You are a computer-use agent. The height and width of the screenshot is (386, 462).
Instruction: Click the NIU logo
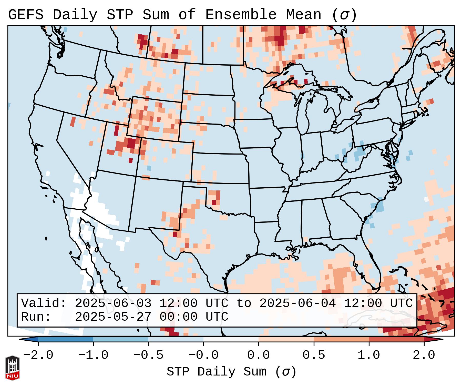point(12,368)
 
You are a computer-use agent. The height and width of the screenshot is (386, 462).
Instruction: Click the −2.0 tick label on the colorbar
point(38,355)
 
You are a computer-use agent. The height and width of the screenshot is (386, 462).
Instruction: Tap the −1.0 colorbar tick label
point(93,355)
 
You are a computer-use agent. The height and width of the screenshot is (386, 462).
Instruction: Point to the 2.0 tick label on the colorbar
point(424,355)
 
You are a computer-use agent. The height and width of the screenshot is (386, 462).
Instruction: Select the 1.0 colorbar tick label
point(369,355)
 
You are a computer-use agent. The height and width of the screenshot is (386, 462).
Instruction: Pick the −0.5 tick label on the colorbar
point(148,355)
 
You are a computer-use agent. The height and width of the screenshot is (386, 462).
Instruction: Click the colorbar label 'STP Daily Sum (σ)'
point(231,372)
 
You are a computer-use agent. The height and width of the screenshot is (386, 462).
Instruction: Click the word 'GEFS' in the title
point(26,15)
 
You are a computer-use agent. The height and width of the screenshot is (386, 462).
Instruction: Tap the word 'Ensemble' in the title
point(241,15)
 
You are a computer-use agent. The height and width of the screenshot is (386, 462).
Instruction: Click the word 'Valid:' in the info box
point(44,303)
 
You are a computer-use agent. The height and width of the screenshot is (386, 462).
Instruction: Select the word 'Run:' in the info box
point(36,317)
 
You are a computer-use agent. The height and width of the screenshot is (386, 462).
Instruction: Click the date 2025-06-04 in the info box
point(297,303)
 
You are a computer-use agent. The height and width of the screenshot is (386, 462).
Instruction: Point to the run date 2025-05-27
point(113,317)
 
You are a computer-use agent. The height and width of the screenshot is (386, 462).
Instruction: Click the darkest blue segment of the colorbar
point(66,339)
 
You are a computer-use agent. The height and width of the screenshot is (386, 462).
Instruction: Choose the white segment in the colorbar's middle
point(231,339)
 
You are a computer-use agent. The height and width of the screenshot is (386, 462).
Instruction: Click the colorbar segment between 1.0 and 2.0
point(396,339)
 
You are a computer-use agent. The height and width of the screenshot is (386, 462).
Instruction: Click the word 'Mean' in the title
point(304,15)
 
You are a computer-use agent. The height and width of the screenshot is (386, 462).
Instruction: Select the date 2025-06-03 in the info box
point(113,303)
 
